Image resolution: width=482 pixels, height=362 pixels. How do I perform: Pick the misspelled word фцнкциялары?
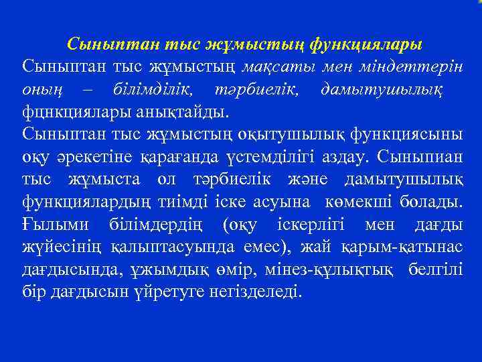coord(70,111)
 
